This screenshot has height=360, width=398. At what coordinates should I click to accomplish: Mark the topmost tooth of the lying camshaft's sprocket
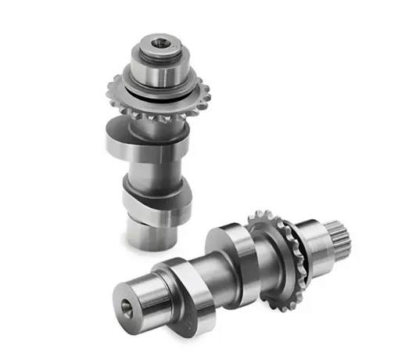pyautogui.click(x=258, y=212)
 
